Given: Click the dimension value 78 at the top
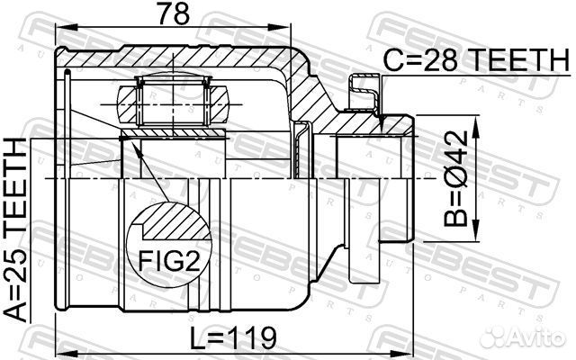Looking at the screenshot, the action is click(x=173, y=13).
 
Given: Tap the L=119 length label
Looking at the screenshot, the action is click(x=232, y=338).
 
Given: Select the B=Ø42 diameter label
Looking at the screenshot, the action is click(x=455, y=178).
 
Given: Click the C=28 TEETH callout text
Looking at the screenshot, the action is click(x=476, y=60).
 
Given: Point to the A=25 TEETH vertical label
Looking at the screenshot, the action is click(x=16, y=230).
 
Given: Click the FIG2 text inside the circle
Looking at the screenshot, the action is click(x=169, y=262).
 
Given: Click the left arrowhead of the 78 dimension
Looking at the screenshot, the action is click(x=67, y=27).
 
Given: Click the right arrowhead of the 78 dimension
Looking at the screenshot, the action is click(x=279, y=27).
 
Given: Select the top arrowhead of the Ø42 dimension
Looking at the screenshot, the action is click(x=476, y=126).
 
